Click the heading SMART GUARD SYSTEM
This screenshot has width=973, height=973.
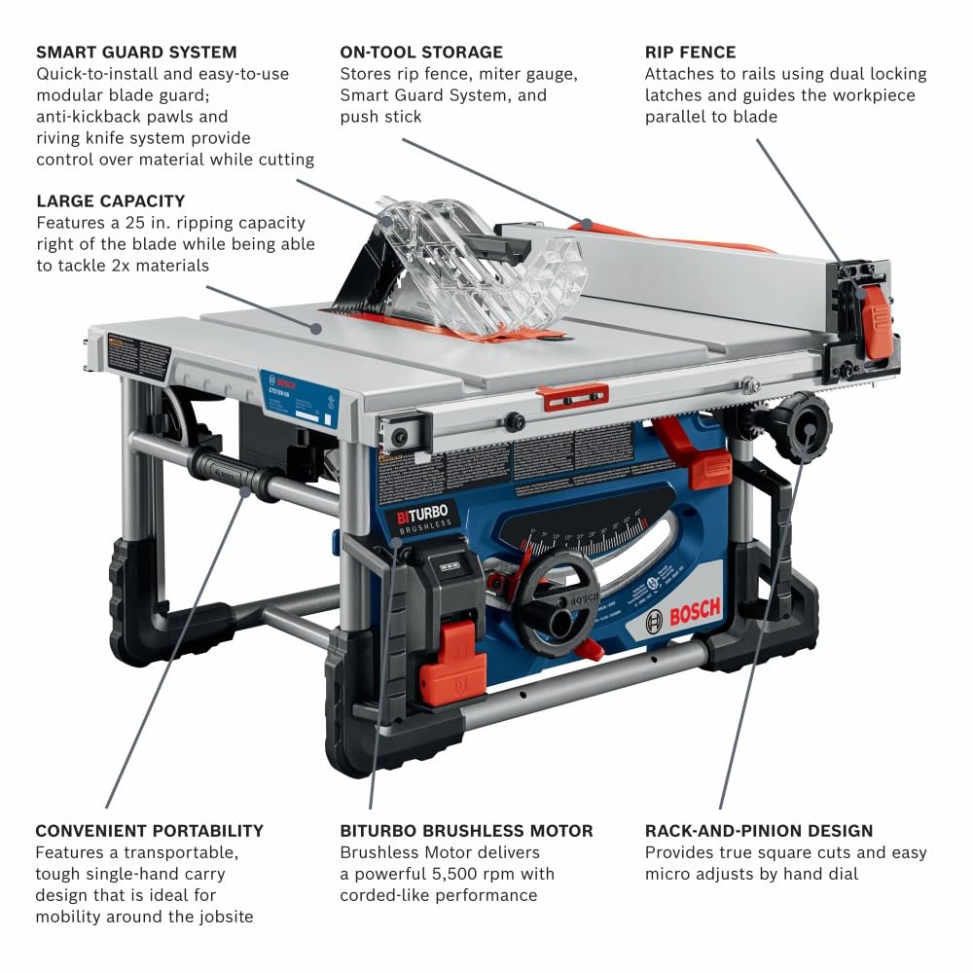[x=136, y=52]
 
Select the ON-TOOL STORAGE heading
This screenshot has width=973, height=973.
[x=421, y=52]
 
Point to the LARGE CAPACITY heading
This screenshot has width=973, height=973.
[x=111, y=200]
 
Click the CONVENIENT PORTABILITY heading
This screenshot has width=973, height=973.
[x=149, y=831]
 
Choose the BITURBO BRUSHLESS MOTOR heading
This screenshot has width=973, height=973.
[x=466, y=831]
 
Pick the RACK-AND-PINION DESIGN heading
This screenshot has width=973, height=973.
[x=759, y=831]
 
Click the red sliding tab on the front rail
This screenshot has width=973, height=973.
[x=573, y=396]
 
